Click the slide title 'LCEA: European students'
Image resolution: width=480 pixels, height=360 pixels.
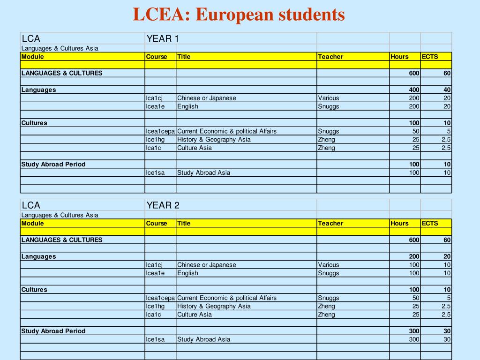[239, 15]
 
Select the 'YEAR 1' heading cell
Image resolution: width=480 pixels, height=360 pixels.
[163, 38]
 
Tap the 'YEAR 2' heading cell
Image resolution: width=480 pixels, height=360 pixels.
[163, 205]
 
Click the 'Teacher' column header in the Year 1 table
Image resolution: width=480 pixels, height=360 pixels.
[330, 57]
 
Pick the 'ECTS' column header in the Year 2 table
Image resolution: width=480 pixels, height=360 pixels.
[429, 223]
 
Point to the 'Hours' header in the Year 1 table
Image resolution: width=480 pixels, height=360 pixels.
[399, 57]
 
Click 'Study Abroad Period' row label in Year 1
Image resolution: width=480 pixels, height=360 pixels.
[53, 164]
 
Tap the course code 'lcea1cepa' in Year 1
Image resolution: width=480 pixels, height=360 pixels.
[160, 131]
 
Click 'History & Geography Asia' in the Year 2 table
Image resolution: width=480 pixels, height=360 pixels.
[214, 306]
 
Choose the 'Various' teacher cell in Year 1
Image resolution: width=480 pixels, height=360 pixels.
[328, 98]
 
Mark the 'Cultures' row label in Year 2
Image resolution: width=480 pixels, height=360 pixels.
[34, 290]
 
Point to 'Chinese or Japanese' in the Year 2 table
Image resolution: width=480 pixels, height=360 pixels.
[207, 265]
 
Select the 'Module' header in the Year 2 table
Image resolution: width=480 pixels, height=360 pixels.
[33, 223]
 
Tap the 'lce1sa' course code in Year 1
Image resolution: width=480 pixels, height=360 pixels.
[155, 172]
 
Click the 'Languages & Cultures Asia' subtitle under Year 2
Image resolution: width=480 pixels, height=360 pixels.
[60, 215]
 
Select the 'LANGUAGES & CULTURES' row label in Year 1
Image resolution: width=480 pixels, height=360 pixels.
[62, 73]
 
